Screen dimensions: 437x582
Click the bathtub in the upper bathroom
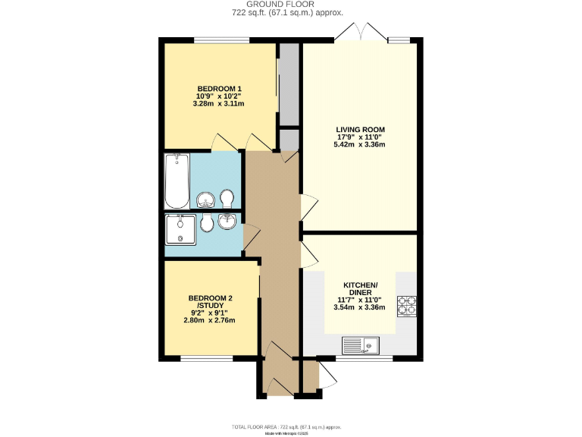(x=177, y=181)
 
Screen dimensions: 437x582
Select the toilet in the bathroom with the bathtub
(x=227, y=199)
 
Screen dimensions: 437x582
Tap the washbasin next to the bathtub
(x=205, y=200)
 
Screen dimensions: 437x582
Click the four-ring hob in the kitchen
(x=407, y=304)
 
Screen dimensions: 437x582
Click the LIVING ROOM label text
(x=360, y=129)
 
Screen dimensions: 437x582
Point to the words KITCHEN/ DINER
(x=360, y=288)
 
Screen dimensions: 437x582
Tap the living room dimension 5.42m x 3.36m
(x=360, y=145)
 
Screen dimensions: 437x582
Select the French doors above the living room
(x=361, y=33)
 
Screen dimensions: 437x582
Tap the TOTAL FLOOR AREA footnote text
(x=292, y=426)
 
